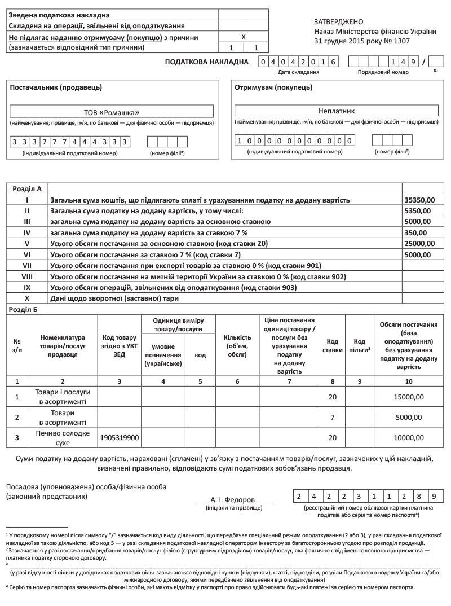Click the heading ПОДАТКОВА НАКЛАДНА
click(x=206, y=62)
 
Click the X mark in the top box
click(x=243, y=36)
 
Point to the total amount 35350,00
click(x=420, y=200)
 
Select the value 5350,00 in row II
click(x=418, y=210)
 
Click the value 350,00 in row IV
click(x=416, y=232)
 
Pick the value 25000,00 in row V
click(x=420, y=243)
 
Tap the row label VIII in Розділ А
click(x=27, y=276)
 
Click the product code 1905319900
click(x=120, y=437)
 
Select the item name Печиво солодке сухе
click(x=63, y=437)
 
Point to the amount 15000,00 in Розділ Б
click(x=408, y=397)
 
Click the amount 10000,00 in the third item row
click(x=408, y=437)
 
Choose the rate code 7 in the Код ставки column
click(x=332, y=417)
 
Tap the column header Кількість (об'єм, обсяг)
click(x=237, y=346)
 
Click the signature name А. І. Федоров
click(x=232, y=500)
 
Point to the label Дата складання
click(x=299, y=72)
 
